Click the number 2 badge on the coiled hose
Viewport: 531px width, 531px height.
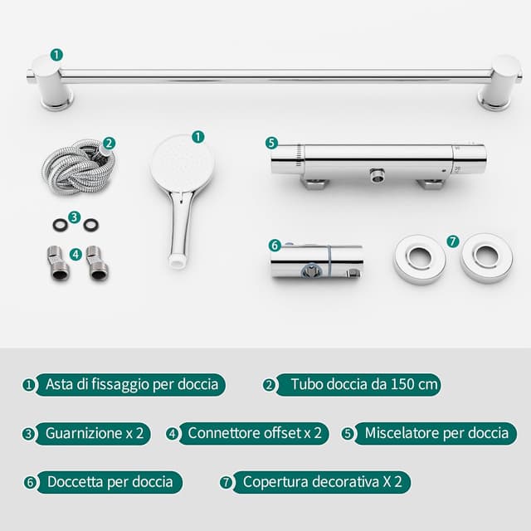tap(109, 144)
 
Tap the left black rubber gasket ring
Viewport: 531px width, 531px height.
tap(61, 225)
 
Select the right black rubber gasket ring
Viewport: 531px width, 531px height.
tap(91, 224)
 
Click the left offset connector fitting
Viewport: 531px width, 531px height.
tap(58, 263)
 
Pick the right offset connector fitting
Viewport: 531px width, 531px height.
tap(98, 263)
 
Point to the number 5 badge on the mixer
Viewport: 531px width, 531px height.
tap(271, 143)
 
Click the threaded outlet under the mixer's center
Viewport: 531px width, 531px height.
tap(376, 175)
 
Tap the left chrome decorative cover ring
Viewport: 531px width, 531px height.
tap(420, 258)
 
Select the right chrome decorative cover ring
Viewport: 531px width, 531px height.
tap(486, 257)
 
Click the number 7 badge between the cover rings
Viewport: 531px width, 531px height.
tap(453, 241)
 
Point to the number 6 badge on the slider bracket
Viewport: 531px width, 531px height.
tap(275, 246)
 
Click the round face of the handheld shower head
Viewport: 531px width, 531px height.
tap(183, 163)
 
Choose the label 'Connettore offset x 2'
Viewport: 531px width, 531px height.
tap(254, 433)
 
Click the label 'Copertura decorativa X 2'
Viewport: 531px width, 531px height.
tap(322, 482)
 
